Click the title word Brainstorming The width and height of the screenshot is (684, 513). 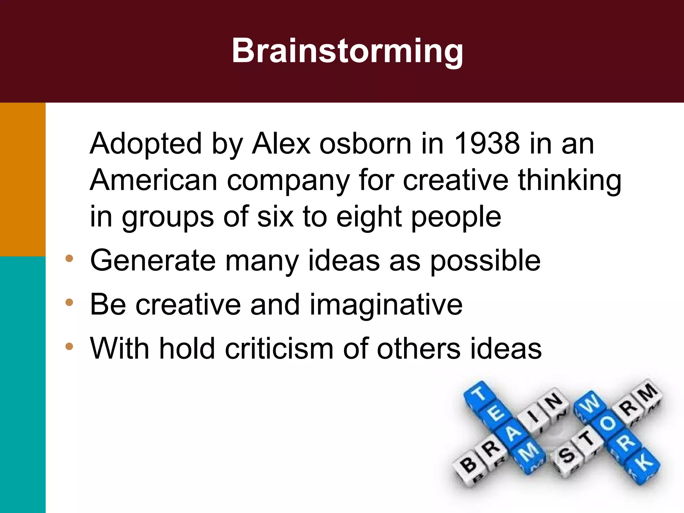pos(347,51)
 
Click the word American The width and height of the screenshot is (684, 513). pos(154,180)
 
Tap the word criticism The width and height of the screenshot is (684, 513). pos(279,349)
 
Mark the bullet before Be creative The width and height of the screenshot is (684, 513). pos(69,303)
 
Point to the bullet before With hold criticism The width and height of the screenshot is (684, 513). pos(69,346)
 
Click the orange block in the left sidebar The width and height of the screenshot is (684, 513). pos(23,179)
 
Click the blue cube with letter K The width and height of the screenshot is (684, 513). pos(644,464)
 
